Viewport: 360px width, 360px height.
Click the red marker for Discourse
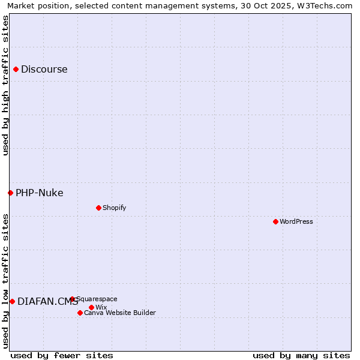click(x=16, y=69)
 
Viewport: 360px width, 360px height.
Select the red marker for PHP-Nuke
click(x=10, y=193)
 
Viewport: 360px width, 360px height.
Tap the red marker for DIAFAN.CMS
click(x=12, y=301)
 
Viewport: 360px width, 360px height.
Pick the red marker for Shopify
click(x=98, y=208)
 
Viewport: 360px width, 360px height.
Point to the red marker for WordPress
click(x=275, y=221)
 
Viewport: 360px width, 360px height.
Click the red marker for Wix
click(x=91, y=307)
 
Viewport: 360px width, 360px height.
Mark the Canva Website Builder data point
click(x=80, y=313)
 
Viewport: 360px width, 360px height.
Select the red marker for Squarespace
click(x=72, y=299)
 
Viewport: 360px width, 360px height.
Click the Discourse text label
click(x=44, y=69)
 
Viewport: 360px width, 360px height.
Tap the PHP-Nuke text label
click(x=40, y=193)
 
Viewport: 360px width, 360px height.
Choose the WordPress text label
click(x=296, y=221)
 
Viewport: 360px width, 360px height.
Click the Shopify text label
click(x=114, y=208)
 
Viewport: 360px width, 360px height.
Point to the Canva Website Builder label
click(x=120, y=313)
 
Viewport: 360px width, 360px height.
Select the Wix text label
click(x=101, y=307)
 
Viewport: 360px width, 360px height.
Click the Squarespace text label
click(x=97, y=299)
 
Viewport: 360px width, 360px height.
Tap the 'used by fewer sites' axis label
click(x=62, y=355)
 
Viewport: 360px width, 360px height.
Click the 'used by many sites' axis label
click(x=301, y=355)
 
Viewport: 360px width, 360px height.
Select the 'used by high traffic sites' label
click(x=5, y=85)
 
